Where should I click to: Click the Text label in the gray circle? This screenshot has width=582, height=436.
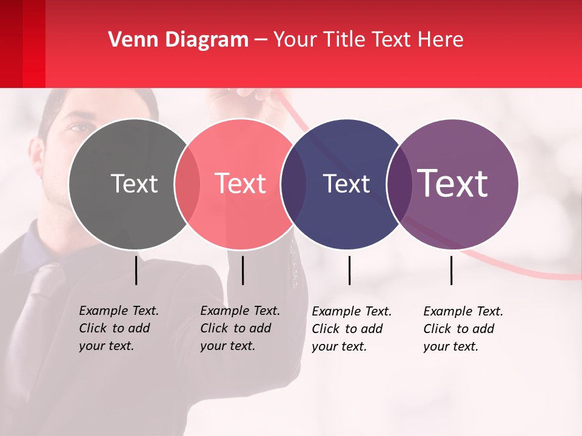tap(134, 183)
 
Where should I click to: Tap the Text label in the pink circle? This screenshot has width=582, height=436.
tap(241, 183)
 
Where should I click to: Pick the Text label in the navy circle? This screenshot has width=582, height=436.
tap(346, 183)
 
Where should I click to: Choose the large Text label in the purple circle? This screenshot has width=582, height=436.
tap(453, 183)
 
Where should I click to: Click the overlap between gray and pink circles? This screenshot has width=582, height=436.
tap(187, 184)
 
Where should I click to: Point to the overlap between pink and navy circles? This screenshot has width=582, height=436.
tap(293, 184)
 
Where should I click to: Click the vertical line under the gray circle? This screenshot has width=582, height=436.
tap(136, 270)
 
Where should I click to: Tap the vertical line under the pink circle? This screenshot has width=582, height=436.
tap(242, 270)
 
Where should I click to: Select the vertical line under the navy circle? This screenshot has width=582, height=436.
tap(349, 270)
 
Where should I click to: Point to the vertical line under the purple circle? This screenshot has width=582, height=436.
tap(451, 270)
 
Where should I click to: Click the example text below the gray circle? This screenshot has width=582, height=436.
tap(119, 328)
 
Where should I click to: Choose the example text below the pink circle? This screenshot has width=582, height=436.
tap(240, 328)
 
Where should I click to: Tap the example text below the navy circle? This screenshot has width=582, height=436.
tap(352, 329)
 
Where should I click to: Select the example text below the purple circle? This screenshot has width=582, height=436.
tap(463, 329)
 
